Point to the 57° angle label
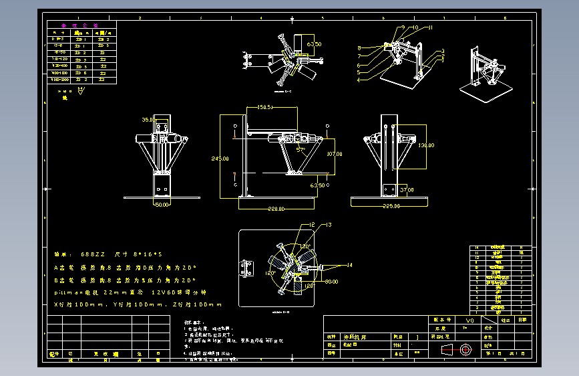301,151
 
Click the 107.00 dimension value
334,154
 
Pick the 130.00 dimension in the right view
425,145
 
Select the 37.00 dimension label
406,190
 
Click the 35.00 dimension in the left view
148,120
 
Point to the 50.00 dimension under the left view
162,205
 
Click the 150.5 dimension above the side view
266,106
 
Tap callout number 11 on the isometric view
430,27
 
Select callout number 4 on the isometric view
358,80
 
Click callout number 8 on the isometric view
359,48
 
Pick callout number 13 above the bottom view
329,225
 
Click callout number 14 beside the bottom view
349,266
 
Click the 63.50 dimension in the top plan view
314,44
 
